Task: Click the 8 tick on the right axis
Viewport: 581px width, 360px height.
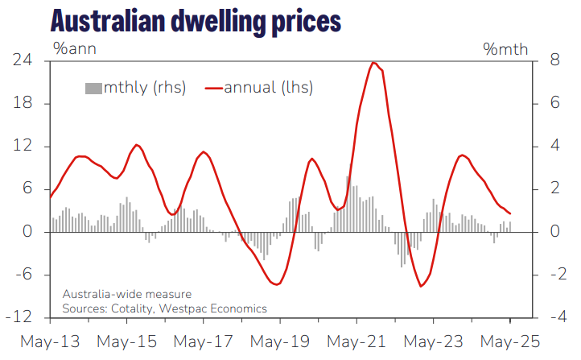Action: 545,60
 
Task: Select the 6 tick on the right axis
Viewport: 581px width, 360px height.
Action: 545,103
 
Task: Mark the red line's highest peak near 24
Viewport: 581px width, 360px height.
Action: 374,62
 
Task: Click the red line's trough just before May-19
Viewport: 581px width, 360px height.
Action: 276,284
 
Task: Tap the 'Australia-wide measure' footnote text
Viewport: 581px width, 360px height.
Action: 126,294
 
